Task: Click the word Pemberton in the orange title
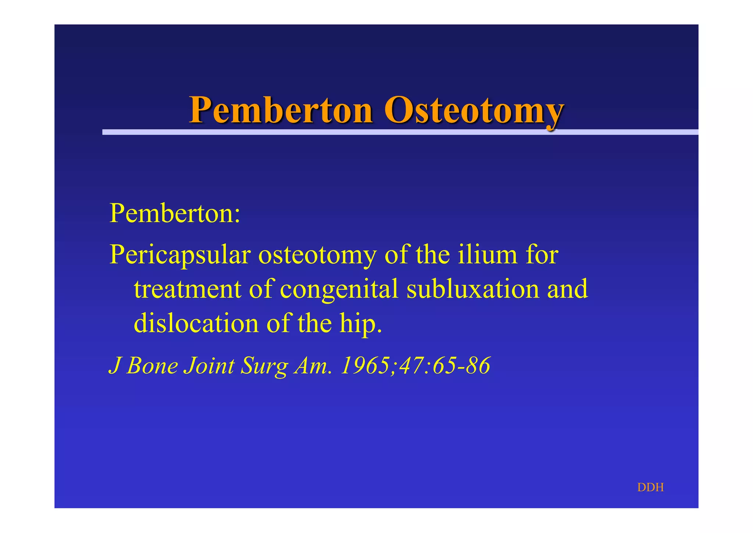(x=281, y=110)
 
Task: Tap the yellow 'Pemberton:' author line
(x=175, y=213)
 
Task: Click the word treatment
(x=188, y=289)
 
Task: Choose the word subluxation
(x=472, y=289)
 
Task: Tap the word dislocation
(x=196, y=323)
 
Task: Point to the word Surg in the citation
(x=263, y=367)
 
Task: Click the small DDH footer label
(x=650, y=487)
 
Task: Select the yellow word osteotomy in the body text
(x=318, y=255)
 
